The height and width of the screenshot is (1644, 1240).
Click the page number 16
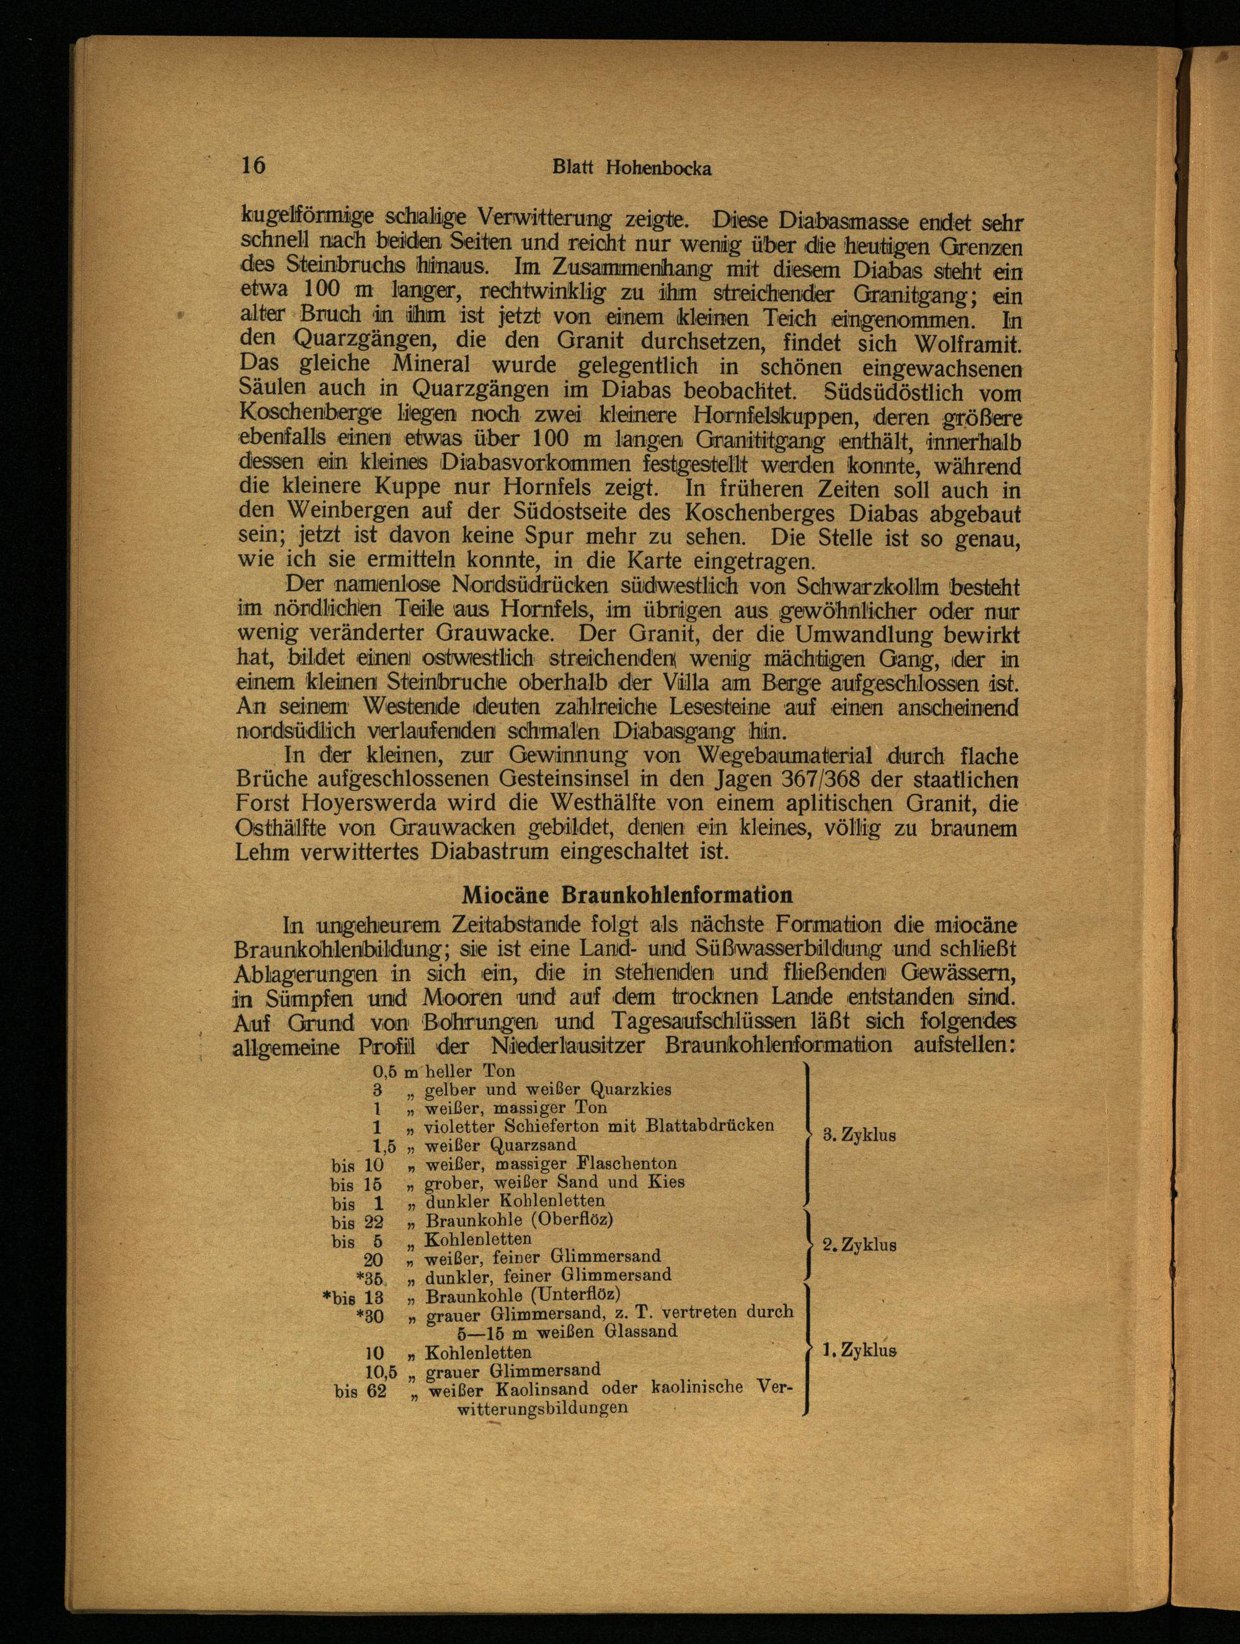pos(252,165)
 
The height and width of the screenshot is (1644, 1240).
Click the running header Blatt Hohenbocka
pos(632,169)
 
